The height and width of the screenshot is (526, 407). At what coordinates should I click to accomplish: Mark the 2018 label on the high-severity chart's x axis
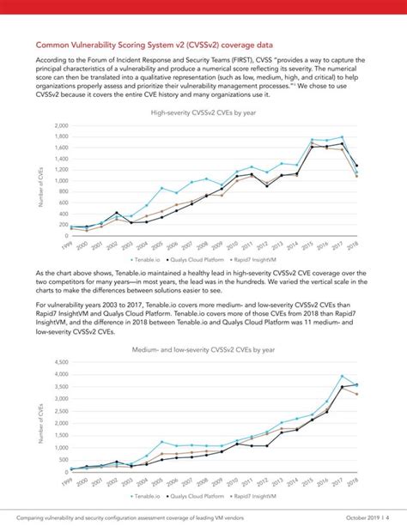tap(352, 245)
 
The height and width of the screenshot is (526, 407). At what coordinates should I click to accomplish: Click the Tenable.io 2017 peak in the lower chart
tap(342, 376)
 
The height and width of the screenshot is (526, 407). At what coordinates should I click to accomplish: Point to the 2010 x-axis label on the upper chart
tap(232, 245)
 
